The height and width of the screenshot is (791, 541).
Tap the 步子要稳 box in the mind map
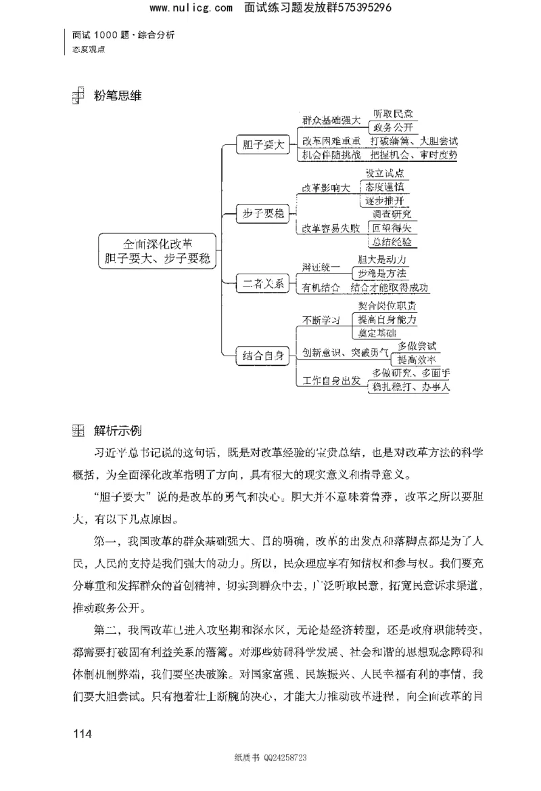pyautogui.click(x=262, y=214)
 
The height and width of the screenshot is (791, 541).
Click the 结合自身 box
pyautogui.click(x=262, y=354)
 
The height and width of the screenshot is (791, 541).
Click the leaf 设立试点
pyautogui.click(x=387, y=173)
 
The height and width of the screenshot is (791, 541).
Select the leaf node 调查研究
pyautogui.click(x=392, y=214)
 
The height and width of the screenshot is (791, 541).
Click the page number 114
pyautogui.click(x=81, y=733)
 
